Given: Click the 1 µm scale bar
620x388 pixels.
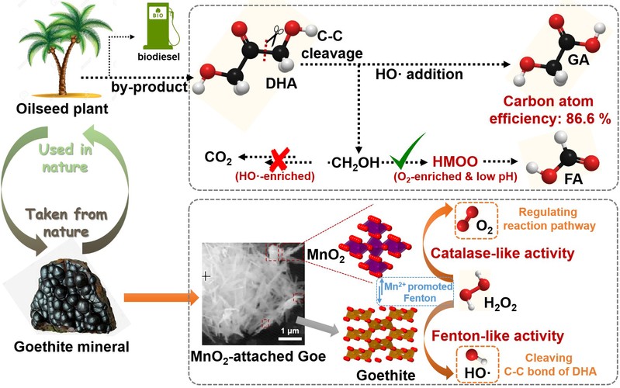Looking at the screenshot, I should pyautogui.click(x=289, y=336).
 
